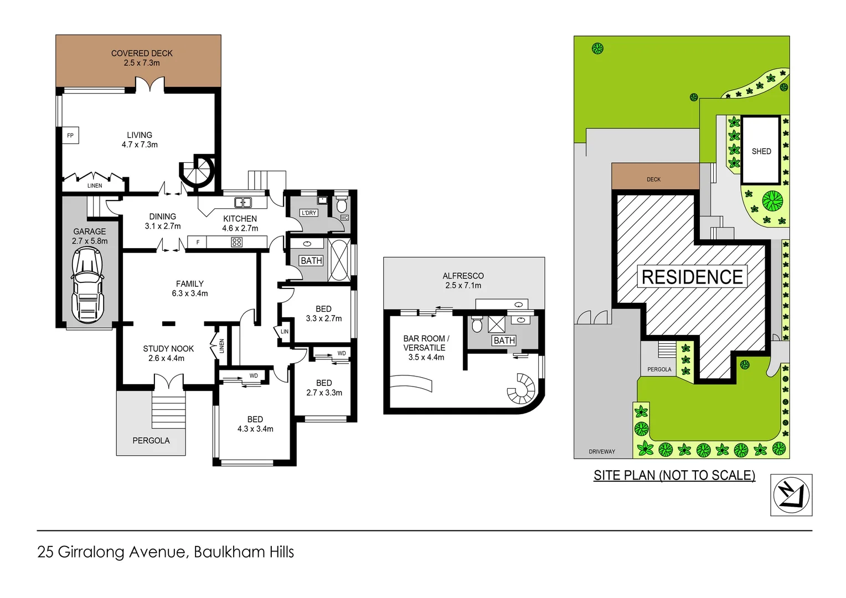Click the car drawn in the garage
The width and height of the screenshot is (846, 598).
click(x=87, y=285)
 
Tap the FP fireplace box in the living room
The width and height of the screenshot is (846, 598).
click(x=70, y=136)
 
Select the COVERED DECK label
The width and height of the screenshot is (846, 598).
click(x=142, y=58)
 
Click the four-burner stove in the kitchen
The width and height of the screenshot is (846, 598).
click(x=236, y=242)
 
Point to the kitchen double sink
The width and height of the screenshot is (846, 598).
click(x=243, y=202)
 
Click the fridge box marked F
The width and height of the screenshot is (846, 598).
click(x=197, y=242)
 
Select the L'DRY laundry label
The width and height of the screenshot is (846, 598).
click(x=308, y=213)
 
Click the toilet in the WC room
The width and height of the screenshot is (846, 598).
click(x=342, y=205)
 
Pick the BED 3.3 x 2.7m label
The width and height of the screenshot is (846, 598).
click(x=324, y=313)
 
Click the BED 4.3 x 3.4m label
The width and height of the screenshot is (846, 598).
click(x=255, y=424)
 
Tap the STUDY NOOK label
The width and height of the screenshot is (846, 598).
click(x=168, y=353)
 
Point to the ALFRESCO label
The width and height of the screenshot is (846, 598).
click(x=463, y=280)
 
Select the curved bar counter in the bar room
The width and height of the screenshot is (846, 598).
click(x=410, y=383)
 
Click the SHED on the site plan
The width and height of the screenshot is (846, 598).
click(x=761, y=151)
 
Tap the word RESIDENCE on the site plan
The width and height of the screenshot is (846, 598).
click(x=692, y=277)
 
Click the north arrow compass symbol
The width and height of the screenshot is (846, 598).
click(x=791, y=494)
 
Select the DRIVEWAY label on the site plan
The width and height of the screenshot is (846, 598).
click(x=602, y=452)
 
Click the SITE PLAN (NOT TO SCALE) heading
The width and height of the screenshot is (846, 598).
click(x=674, y=475)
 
